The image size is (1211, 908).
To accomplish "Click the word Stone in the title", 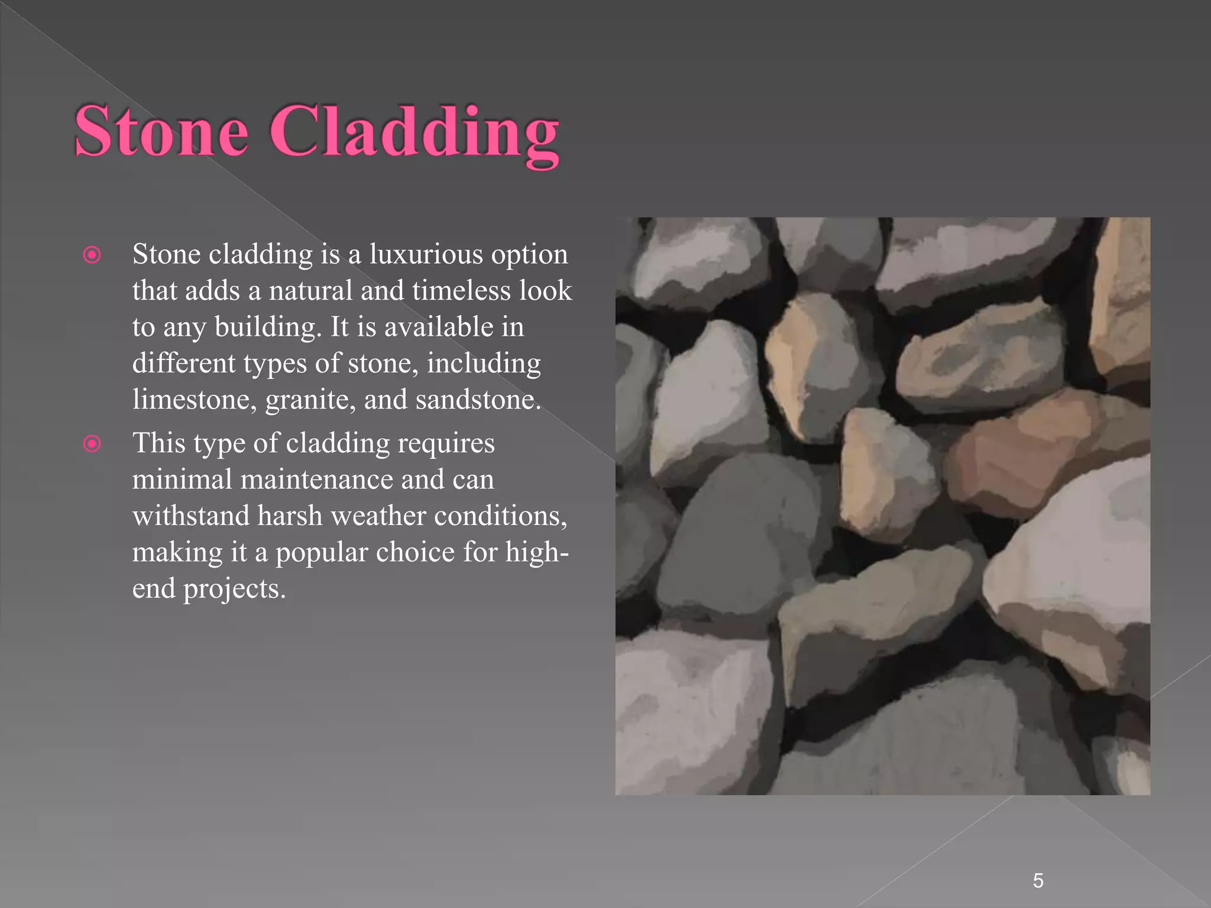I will pos(161,131).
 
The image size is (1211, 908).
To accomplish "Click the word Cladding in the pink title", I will pos(414,133).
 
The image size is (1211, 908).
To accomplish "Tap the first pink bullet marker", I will pos(92,255).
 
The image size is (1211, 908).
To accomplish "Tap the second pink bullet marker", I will pos(92,443).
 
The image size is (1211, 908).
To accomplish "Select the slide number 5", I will pos(1038,881).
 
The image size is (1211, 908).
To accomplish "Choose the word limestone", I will pos(194,400).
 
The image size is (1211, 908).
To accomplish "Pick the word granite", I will pos(310,401).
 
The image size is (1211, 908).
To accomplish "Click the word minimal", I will pos(182,479).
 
